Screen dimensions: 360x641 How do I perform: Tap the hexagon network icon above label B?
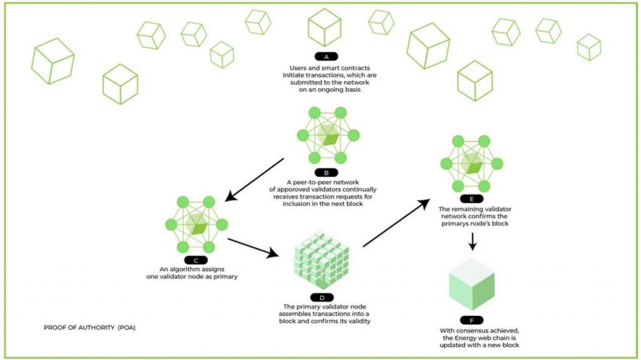coord(325,135)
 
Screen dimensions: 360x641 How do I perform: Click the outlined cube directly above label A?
coord(324,28)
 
